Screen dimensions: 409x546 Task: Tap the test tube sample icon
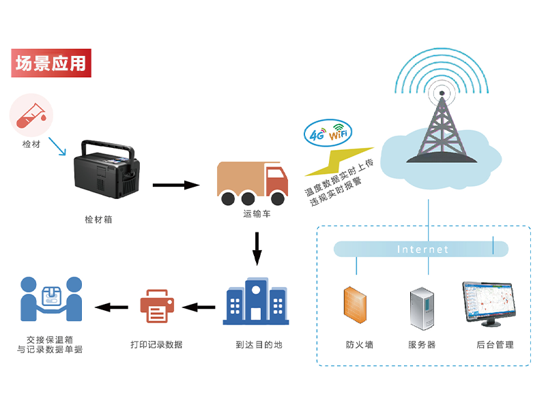click(31, 114)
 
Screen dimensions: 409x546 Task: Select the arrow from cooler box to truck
click(175, 184)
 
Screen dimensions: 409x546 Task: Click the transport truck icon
click(251, 182)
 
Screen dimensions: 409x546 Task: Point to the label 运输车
click(257, 214)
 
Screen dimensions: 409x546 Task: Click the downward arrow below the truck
click(257, 248)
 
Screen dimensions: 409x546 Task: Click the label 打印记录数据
click(156, 344)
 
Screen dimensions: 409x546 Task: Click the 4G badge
click(317, 134)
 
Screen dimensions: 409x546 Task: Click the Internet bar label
click(422, 249)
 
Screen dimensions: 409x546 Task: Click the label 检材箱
click(98, 219)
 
